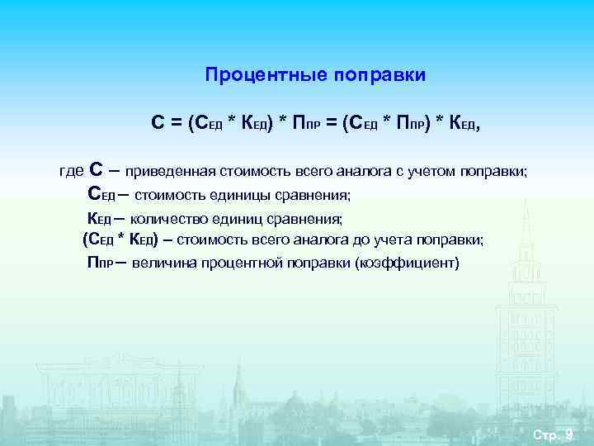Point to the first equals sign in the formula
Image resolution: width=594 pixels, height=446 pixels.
click(x=176, y=123)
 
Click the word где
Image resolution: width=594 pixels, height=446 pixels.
click(x=71, y=171)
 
